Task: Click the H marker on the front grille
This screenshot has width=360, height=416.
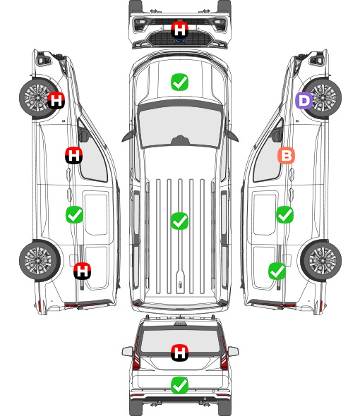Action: click(x=179, y=30)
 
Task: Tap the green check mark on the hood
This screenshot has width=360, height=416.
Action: click(x=179, y=82)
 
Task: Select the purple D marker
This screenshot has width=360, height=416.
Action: click(x=304, y=101)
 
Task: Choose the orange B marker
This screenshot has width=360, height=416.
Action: click(x=286, y=155)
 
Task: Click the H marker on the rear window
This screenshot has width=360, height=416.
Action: click(x=179, y=353)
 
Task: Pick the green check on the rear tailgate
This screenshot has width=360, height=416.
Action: click(x=179, y=385)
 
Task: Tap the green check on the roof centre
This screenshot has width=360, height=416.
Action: click(x=179, y=221)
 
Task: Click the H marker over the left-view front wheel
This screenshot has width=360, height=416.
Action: click(x=56, y=100)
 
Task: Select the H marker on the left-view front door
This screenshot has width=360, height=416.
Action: click(x=74, y=155)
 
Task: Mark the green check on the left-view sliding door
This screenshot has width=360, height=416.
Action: click(x=74, y=214)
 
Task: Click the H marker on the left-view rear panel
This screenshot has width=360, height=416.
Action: click(x=83, y=271)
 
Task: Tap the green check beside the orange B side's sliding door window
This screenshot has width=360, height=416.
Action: click(x=284, y=214)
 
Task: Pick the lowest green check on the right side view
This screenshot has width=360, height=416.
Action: click(x=277, y=271)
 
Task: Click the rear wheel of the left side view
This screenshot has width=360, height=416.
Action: click(x=40, y=261)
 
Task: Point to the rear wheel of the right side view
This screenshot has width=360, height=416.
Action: click(x=321, y=261)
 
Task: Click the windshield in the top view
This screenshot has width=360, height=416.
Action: click(x=180, y=126)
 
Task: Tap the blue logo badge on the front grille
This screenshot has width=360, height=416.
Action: click(x=179, y=41)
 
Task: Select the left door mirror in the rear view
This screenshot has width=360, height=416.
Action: click(x=127, y=352)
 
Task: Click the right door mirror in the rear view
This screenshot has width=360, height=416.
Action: click(x=233, y=352)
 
